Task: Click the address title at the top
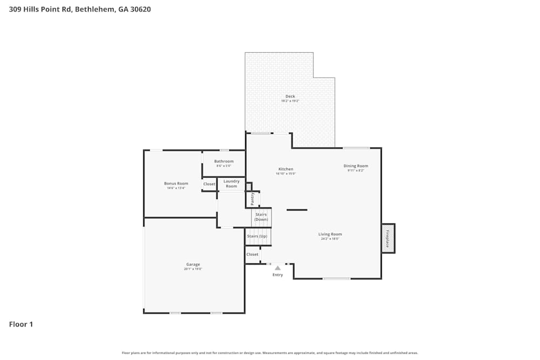[x=80, y=9]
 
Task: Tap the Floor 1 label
[x=21, y=324]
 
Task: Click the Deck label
[x=290, y=97]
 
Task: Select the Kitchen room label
[x=285, y=169]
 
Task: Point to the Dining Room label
[x=356, y=166]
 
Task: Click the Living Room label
[x=330, y=234]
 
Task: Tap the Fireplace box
[x=388, y=238]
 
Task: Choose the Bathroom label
[x=224, y=161]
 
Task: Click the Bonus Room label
[x=176, y=184]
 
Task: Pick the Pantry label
[x=252, y=199]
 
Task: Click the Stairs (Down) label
[x=261, y=217]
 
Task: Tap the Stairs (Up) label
[x=257, y=236]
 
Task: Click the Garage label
[x=193, y=264]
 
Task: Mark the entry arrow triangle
[x=278, y=268]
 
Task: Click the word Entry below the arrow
[x=278, y=275]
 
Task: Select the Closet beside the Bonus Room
[x=209, y=184]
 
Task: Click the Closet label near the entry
[x=252, y=254]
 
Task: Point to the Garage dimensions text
[x=193, y=269]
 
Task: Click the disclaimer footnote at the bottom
[x=270, y=353]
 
